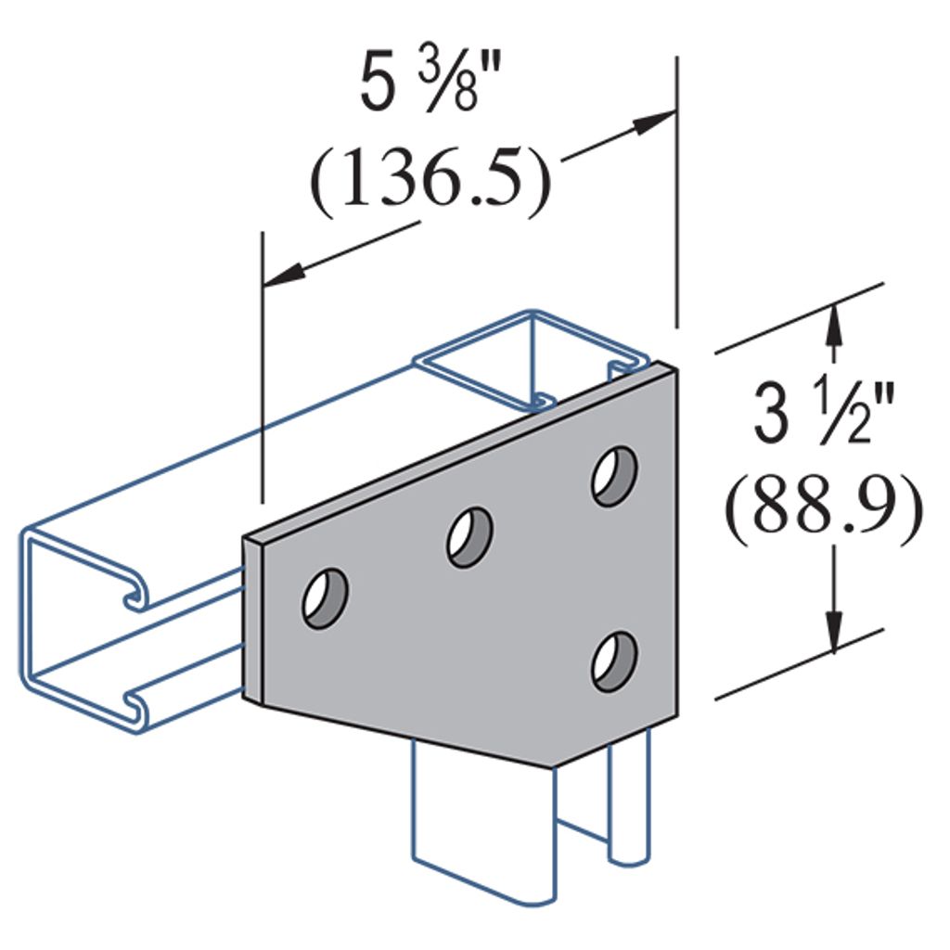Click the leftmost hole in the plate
pos(325,598)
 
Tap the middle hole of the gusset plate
pos(469,536)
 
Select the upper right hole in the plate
pos(615,476)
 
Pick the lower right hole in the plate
pos(615,661)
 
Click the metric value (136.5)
pos(430,185)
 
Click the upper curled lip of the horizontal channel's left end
pos(133,593)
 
